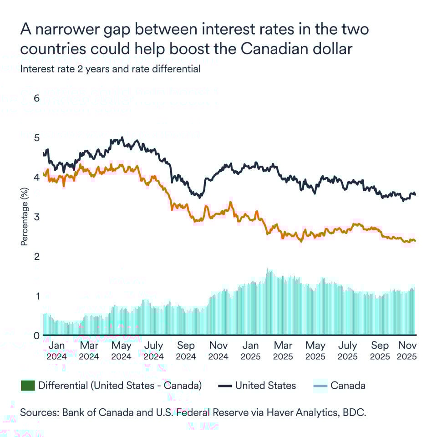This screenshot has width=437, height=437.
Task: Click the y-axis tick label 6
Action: tap(37, 98)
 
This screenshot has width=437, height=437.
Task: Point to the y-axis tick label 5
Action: tap(37, 137)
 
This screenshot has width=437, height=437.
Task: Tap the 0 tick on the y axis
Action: tap(37, 335)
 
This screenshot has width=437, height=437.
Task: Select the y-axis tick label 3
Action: tap(37, 217)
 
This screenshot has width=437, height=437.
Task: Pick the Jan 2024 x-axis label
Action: tap(56, 351)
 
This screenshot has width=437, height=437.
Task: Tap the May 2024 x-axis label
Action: tap(121, 351)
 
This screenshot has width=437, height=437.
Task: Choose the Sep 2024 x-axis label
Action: tap(186, 351)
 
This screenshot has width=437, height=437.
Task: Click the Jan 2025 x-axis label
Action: tap(251, 351)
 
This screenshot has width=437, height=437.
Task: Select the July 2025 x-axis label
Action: tap(348, 351)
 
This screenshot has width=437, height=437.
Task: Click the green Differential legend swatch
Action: tap(28, 386)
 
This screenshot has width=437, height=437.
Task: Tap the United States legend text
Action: tap(265, 386)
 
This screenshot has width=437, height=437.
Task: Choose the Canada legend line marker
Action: tap(320, 386)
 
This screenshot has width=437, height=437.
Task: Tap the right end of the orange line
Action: tap(415, 241)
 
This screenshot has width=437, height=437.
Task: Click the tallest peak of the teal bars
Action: tap(269, 270)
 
